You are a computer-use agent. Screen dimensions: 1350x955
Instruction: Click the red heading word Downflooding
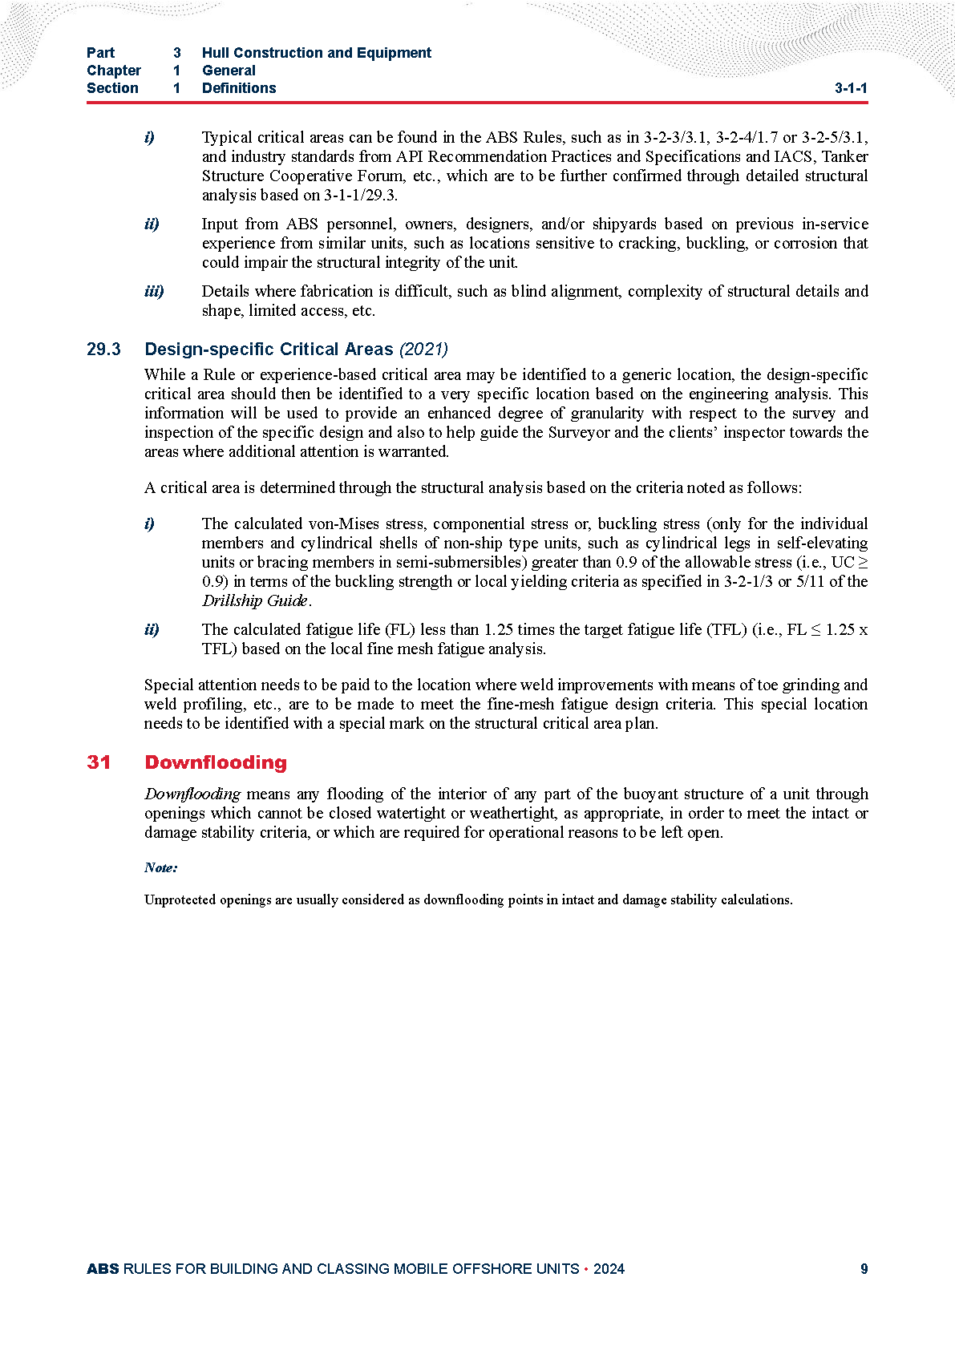(216, 762)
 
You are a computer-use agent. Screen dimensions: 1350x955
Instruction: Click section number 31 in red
(99, 762)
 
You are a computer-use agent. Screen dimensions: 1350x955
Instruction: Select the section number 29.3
(103, 350)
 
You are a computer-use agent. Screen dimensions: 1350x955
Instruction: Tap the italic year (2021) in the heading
(423, 350)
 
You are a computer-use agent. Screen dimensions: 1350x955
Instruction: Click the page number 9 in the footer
(864, 1269)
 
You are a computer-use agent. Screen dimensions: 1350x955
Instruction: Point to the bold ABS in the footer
(103, 1269)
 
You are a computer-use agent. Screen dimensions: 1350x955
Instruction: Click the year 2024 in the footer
(609, 1269)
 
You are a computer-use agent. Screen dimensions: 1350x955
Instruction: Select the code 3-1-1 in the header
(851, 88)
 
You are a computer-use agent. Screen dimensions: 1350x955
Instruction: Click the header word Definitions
(239, 88)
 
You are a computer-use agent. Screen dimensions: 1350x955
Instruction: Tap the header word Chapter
(114, 71)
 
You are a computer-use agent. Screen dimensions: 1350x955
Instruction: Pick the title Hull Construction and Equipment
(317, 53)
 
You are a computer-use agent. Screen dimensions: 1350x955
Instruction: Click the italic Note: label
(161, 867)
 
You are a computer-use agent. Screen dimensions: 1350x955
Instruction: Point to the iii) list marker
(154, 291)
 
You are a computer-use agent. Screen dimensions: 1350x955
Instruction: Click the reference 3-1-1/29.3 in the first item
(360, 195)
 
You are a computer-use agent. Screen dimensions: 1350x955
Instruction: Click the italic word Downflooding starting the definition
(192, 794)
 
